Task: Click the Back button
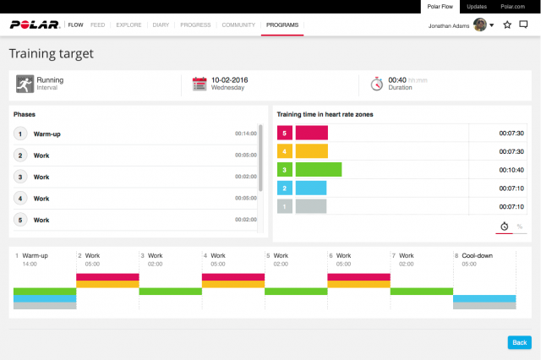click(519, 342)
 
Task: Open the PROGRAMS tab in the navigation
click(282, 25)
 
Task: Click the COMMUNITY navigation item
click(238, 25)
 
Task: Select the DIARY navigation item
click(161, 25)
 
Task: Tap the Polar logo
click(35, 25)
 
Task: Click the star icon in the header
click(507, 25)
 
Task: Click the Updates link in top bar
click(477, 6)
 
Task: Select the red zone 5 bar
click(311, 133)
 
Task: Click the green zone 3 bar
click(318, 169)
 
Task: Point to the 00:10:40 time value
click(511, 169)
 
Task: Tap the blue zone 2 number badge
click(285, 188)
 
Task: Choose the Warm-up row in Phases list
click(46, 134)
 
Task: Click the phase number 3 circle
click(20, 177)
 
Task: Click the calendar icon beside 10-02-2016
click(199, 84)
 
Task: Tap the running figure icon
click(25, 84)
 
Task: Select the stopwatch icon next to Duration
click(376, 84)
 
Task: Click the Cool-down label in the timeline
click(477, 255)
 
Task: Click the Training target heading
click(51, 54)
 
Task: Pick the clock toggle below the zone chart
click(504, 226)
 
